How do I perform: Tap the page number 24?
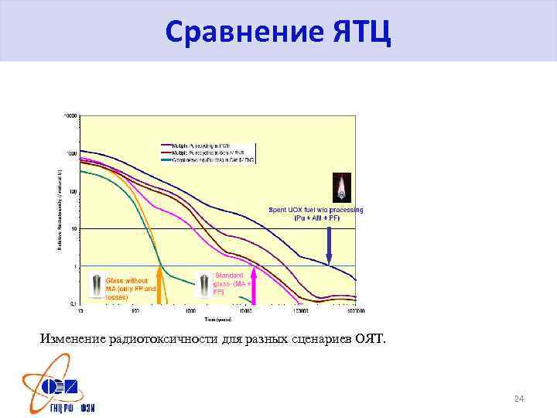click(x=519, y=399)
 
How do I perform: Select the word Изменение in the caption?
click(x=74, y=338)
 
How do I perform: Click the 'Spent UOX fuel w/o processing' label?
click(x=316, y=214)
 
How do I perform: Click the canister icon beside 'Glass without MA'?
click(x=96, y=286)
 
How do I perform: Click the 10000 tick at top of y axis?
click(x=70, y=115)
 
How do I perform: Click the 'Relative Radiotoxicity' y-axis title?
click(x=60, y=209)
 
